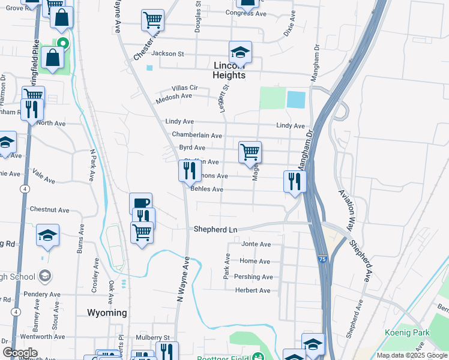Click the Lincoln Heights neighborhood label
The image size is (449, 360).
229,70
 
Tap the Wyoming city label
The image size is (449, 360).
107,313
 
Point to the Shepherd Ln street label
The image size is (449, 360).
215,229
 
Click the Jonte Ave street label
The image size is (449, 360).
256,244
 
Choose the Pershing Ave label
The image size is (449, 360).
256,277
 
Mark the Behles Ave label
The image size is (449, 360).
206,189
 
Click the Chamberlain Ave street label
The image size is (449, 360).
197,135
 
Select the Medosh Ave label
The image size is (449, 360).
173,95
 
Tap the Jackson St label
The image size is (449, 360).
167,53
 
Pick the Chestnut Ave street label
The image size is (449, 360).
49,210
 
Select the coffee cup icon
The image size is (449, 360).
140,203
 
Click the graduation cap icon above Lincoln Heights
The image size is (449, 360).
240,52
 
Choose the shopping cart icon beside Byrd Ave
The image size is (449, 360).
250,151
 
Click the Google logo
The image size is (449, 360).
20,353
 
